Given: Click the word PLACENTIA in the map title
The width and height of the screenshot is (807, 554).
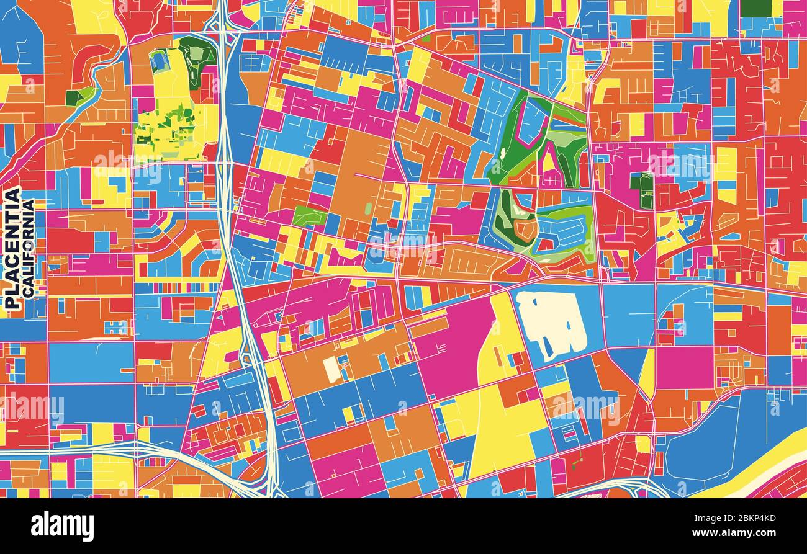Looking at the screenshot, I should (12, 248).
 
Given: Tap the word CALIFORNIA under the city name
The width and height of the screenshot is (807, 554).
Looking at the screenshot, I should (28, 248).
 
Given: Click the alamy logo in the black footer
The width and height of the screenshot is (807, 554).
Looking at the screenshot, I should (62, 526).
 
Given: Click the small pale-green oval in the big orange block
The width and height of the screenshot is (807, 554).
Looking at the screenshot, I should (368, 208).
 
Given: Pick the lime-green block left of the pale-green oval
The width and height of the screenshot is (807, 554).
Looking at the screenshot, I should (309, 216).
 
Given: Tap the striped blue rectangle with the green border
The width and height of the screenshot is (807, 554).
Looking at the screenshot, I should (160, 61).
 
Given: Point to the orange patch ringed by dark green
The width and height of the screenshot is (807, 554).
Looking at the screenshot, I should (526, 229).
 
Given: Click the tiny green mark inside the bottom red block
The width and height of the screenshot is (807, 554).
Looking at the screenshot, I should (581, 462).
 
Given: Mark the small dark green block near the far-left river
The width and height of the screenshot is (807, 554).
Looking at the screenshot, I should (73, 98).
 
